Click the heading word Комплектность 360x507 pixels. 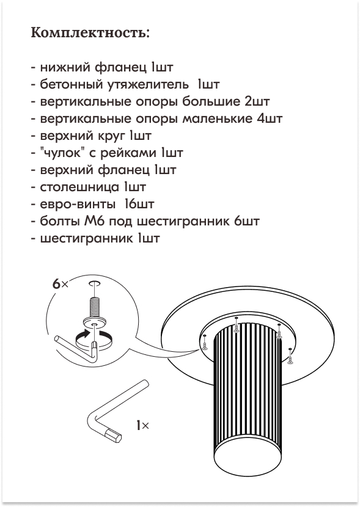[90, 33]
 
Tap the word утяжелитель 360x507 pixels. [142, 85]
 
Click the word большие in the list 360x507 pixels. [211, 101]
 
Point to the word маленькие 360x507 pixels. [217, 119]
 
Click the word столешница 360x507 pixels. [79, 187]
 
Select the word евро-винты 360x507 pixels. [77, 205]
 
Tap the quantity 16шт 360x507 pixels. [139, 205]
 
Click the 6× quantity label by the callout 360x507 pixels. [61, 284]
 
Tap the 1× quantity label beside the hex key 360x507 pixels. [142, 425]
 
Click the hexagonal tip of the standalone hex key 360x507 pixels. [115, 437]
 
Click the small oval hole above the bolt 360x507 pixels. [94, 284]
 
